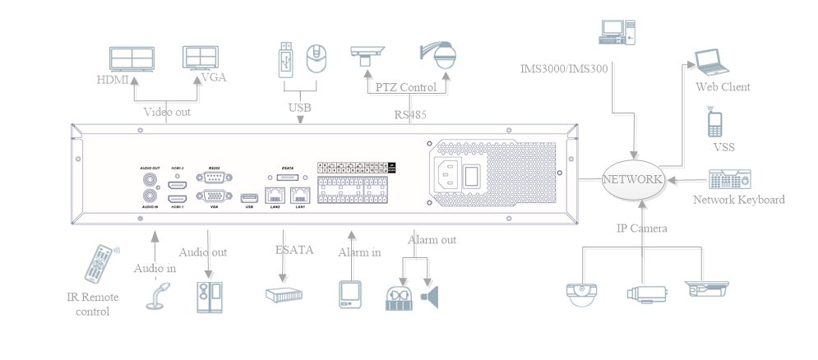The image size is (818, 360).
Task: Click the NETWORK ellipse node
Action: [632, 179]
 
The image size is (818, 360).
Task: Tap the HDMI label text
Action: [113, 80]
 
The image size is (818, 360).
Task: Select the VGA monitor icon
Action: [201, 57]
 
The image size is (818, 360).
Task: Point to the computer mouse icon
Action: [317, 58]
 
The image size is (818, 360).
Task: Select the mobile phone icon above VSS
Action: [714, 123]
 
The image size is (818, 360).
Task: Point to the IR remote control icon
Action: [99, 264]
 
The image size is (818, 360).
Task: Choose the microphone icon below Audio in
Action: [159, 297]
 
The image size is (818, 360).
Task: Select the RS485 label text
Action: [410, 114]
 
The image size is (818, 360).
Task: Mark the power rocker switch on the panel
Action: [474, 176]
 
